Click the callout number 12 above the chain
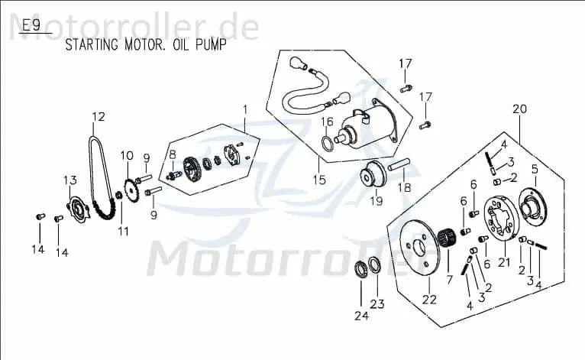click(x=99, y=117)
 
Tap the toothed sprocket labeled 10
click(x=131, y=191)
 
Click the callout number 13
click(x=70, y=180)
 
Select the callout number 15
click(x=319, y=180)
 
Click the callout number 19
click(x=377, y=201)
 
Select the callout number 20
click(x=520, y=109)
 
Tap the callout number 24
click(x=361, y=316)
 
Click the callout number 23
click(x=377, y=304)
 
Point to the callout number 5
click(x=535, y=169)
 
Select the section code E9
click(x=31, y=26)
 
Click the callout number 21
click(x=504, y=262)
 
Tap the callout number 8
click(x=173, y=154)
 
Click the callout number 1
click(x=245, y=110)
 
